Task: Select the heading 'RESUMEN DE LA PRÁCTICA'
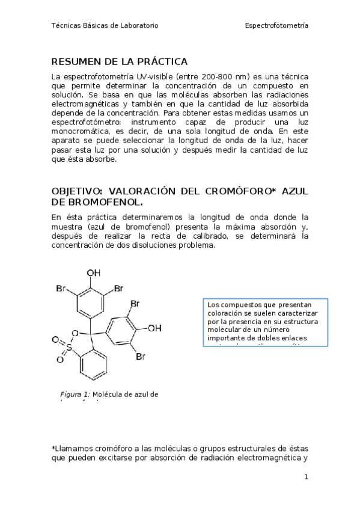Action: coord(120,62)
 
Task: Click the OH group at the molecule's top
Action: coord(94,273)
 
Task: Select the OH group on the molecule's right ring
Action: coord(154,328)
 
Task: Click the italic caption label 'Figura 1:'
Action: coord(75,394)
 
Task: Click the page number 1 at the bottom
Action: coord(306,477)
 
